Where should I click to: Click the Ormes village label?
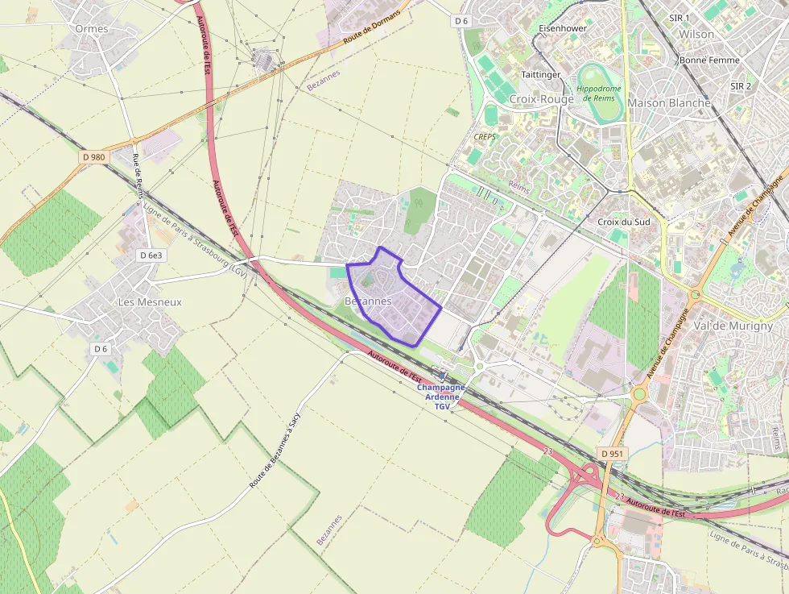point(91,28)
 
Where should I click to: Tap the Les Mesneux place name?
point(150,302)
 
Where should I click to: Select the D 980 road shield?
point(93,157)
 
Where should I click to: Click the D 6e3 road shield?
point(151,255)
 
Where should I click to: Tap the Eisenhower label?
point(562,28)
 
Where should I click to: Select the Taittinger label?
point(541,74)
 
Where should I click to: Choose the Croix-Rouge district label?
point(541,99)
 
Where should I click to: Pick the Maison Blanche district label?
point(668,103)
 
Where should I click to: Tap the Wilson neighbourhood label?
point(696,34)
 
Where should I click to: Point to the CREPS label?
point(485,137)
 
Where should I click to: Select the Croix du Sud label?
point(623,222)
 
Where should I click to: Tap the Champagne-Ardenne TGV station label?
point(442,397)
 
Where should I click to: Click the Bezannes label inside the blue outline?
point(367,301)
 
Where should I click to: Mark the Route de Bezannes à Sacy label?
point(275,451)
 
